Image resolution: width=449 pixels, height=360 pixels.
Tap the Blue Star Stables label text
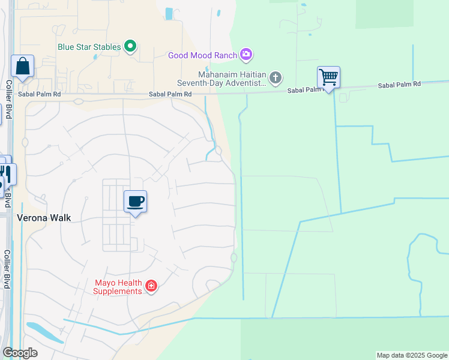[90, 46]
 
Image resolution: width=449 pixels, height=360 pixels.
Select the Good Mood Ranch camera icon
[246, 55]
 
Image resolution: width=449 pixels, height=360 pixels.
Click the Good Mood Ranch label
[203, 55]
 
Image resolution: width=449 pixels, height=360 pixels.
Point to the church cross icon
[276, 77]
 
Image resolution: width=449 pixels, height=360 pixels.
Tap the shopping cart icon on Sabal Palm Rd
[328, 77]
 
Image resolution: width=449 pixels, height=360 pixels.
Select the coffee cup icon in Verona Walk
[135, 201]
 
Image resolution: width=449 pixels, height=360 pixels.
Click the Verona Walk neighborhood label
[44, 218]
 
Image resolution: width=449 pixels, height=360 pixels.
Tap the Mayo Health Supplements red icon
[151, 286]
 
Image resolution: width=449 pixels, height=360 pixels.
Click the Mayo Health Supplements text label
[118, 287]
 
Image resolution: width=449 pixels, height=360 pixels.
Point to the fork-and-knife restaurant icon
[7, 173]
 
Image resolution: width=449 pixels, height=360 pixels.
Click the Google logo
[20, 353]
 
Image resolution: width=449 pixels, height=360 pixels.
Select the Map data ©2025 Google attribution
[412, 355]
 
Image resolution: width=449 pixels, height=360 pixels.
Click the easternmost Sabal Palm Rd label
[399, 86]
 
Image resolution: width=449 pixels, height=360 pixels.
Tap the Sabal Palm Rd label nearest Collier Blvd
[40, 94]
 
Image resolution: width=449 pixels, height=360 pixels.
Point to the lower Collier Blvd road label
[7, 269]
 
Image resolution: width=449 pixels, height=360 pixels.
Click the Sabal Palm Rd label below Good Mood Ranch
[171, 94]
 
